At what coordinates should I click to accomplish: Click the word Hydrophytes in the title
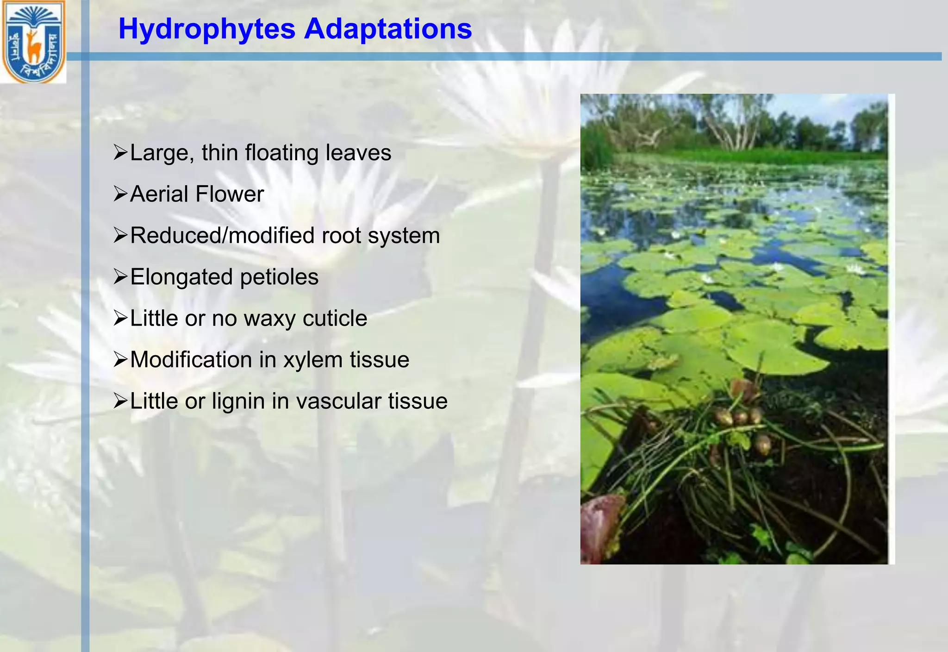[x=207, y=30]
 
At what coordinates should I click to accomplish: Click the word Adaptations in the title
[x=387, y=30]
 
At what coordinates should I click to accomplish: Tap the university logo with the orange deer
[x=33, y=42]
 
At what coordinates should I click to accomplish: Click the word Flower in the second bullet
[x=230, y=194]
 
